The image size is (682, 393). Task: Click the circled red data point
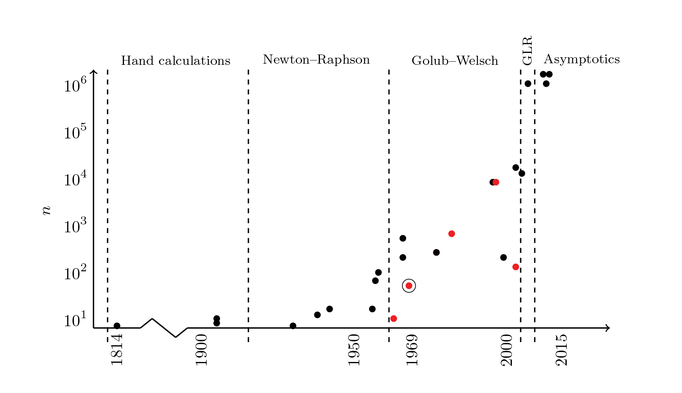tap(409, 286)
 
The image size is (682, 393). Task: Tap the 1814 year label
tap(117, 350)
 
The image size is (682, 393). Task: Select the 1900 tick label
tap(201, 350)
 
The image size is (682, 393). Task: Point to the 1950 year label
tap(354, 350)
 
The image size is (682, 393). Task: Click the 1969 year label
tap(412, 350)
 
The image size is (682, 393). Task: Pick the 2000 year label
tap(507, 350)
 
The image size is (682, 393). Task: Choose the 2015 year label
tap(561, 350)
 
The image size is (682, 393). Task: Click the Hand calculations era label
tap(176, 61)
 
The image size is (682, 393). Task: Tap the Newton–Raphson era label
tap(316, 60)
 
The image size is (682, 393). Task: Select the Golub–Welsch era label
tap(455, 61)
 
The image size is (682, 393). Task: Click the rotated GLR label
tap(527, 51)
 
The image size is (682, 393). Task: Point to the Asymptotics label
tap(581, 59)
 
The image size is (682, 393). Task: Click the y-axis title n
tap(47, 210)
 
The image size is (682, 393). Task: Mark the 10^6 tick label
tap(75, 85)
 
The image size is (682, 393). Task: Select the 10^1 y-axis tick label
tap(75, 320)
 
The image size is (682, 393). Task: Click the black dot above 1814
tap(117, 326)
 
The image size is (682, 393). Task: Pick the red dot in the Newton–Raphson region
tap(393, 319)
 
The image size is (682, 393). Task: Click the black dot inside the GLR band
tap(528, 84)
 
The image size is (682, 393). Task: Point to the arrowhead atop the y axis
tap(93, 71)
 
